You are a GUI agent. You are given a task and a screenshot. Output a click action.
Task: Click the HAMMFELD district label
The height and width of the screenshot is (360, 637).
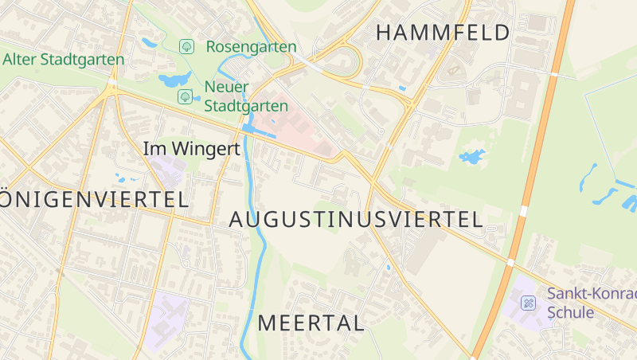pyautogui.click(x=442, y=33)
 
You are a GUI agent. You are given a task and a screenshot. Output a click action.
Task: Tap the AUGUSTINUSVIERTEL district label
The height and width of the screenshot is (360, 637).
pyautogui.click(x=356, y=220)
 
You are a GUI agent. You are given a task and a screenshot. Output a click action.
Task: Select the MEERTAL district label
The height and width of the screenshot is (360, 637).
pyautogui.click(x=311, y=323)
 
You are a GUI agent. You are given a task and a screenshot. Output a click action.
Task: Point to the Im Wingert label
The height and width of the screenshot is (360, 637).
pyautogui.click(x=191, y=148)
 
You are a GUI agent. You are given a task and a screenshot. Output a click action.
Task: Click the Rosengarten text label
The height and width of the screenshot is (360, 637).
pyautogui.click(x=251, y=47)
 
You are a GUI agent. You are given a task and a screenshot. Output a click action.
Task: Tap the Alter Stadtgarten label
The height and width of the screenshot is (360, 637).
pyautogui.click(x=64, y=60)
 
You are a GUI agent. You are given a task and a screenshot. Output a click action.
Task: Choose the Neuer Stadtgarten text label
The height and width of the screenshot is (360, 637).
pyautogui.click(x=246, y=96)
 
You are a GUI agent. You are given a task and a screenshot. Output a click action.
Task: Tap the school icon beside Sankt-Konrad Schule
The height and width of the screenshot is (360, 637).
pyautogui.click(x=528, y=303)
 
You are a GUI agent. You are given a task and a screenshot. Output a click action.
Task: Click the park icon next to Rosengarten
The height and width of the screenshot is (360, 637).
pyautogui.click(x=186, y=46)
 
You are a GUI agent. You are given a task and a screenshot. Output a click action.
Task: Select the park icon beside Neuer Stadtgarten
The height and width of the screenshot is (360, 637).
pyautogui.click(x=184, y=97)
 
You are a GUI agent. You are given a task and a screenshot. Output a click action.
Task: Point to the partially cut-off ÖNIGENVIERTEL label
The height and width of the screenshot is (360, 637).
pyautogui.click(x=94, y=199)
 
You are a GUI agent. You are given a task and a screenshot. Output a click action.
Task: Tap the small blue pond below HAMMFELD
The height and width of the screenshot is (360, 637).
pyautogui.click(x=471, y=156)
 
